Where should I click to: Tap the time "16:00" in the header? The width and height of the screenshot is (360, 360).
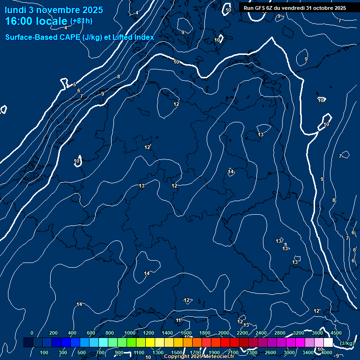22,21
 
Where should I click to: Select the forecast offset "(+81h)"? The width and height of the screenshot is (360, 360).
81,21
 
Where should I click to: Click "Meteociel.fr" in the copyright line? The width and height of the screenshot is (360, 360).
219,357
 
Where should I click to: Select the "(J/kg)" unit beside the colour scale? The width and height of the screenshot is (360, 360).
346,344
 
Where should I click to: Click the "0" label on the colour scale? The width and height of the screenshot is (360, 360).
32,333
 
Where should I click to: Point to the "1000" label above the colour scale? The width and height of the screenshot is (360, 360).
130,333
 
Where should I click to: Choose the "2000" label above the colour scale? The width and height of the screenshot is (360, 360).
224,333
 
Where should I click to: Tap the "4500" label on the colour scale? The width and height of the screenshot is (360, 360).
336,333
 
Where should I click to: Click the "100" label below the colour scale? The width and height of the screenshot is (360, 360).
45,352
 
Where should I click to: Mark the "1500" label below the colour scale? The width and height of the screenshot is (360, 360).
177,352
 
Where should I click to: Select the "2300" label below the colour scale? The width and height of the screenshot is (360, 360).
252,352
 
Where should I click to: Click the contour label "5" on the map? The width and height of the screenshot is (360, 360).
75,85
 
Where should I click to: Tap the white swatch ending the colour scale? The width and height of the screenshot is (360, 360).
329,343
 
